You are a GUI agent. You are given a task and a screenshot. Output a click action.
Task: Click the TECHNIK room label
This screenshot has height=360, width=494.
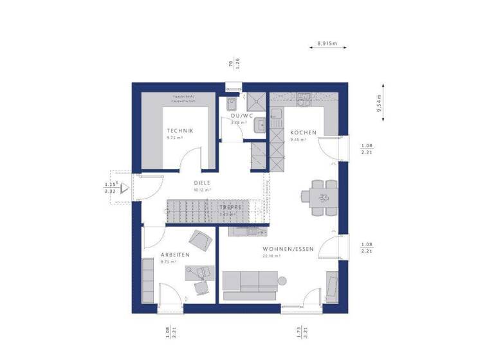[180, 130]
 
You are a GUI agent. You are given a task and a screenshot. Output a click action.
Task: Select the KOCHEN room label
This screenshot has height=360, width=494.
[304, 132]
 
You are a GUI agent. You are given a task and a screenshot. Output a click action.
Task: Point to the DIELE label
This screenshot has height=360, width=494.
[203, 183]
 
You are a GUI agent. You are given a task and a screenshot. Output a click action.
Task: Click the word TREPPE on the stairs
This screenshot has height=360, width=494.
[230, 208]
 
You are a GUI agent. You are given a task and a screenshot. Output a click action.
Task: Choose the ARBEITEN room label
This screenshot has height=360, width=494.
[175, 255]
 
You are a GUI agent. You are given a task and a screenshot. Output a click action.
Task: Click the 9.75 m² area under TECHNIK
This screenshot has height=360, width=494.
[176, 138]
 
